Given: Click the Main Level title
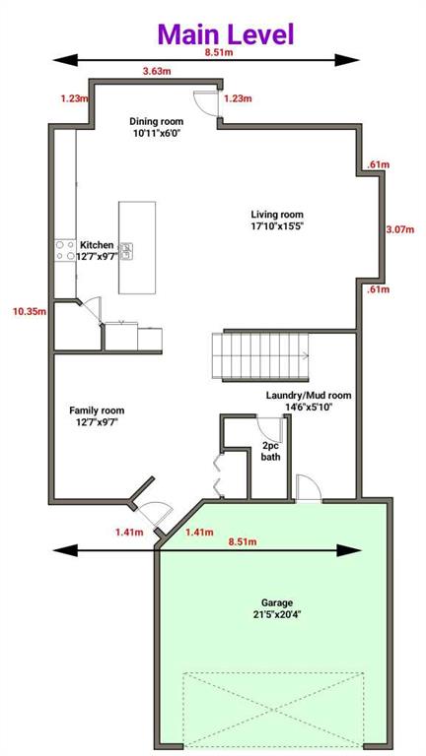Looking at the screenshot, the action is point(226,34).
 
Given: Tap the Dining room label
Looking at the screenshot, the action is point(156,121).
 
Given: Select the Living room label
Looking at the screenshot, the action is point(277,214).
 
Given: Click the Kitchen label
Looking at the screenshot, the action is point(97,245).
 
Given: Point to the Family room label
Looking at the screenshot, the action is point(97,410).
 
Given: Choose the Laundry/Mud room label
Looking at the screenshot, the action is point(309,396).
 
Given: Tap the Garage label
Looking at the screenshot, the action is point(277,602).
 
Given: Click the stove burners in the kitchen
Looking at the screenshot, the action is point(65,251).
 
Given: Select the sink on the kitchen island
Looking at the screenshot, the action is point(126,251).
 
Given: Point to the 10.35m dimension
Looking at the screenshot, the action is point(30,311).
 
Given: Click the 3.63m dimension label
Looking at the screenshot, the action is point(157,71).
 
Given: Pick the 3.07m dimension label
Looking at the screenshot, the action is point(400,229).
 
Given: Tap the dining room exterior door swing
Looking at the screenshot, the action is point(206,102).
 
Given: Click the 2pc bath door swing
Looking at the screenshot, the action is point(269,426).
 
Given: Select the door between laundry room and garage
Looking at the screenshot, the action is point(309,488).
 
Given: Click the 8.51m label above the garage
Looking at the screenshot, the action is point(243,542).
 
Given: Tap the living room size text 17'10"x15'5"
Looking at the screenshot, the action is point(277,225).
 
